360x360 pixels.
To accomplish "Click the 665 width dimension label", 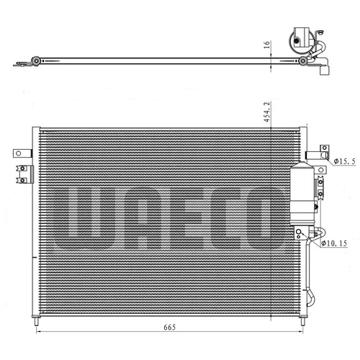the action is (x=170, y=327).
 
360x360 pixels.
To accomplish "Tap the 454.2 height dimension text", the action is (x=267, y=112).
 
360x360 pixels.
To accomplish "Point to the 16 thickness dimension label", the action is (x=267, y=45).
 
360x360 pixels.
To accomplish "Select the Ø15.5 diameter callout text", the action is (x=345, y=161).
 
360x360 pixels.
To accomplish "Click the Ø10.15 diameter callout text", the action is (x=334, y=243).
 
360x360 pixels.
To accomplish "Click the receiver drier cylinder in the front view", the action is (x=302, y=194).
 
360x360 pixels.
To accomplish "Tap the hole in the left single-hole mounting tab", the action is (x=19, y=153).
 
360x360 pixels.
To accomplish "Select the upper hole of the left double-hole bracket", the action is (x=22, y=168).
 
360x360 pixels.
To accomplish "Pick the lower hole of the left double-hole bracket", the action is (x=22, y=180).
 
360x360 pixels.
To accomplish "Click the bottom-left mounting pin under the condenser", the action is (x=37, y=322).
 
